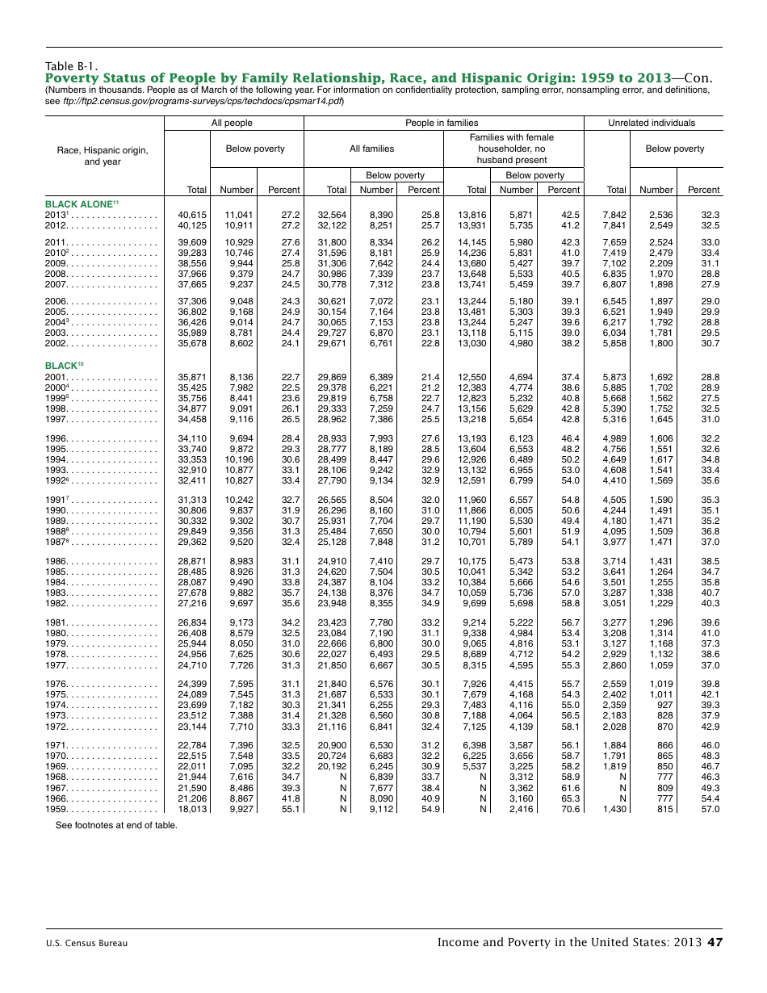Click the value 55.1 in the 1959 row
coord(290,809)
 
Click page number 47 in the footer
coord(715,942)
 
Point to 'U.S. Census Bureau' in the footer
coord(86,943)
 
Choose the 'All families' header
coord(372,149)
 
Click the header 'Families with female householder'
coord(513,149)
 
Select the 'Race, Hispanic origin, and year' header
coord(103,156)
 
